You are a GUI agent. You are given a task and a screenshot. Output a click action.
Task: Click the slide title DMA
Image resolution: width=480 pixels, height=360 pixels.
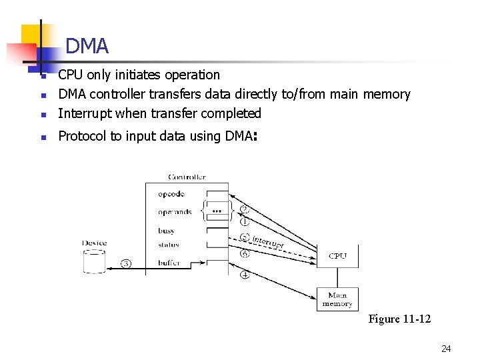click(87, 46)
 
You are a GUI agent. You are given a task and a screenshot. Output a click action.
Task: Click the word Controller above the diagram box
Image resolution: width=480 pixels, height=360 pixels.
click(187, 177)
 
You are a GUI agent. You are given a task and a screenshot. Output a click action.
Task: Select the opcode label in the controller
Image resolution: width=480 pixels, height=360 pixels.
click(171, 194)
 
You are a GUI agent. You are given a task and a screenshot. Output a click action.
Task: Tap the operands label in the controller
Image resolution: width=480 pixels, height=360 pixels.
click(175, 212)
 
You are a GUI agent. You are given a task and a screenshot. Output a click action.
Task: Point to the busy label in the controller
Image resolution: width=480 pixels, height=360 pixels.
click(167, 231)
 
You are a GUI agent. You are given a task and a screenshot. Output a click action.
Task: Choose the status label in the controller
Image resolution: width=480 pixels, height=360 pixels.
click(169, 245)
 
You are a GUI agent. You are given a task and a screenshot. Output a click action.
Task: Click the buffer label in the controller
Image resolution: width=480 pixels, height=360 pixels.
click(169, 263)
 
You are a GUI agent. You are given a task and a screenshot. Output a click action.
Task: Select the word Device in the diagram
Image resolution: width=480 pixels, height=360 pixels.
click(95, 243)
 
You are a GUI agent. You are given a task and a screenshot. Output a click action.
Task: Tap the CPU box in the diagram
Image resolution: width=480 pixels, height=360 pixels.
click(337, 256)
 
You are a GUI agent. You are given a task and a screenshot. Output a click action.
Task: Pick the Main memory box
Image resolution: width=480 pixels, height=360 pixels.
click(337, 299)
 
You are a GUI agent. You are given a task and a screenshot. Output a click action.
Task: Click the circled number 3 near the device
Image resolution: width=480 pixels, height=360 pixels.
click(127, 263)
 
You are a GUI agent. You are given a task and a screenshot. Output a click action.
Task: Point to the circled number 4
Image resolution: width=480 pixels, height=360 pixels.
click(245, 275)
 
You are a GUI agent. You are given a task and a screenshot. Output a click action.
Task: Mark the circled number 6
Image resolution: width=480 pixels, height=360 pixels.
click(245, 253)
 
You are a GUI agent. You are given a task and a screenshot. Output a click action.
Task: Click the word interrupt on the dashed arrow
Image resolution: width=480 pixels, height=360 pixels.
click(268, 242)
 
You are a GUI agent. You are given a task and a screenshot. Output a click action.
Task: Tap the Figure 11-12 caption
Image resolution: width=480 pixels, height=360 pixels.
click(399, 319)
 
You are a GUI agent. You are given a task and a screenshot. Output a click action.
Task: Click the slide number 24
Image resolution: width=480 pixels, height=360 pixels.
click(446, 349)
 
